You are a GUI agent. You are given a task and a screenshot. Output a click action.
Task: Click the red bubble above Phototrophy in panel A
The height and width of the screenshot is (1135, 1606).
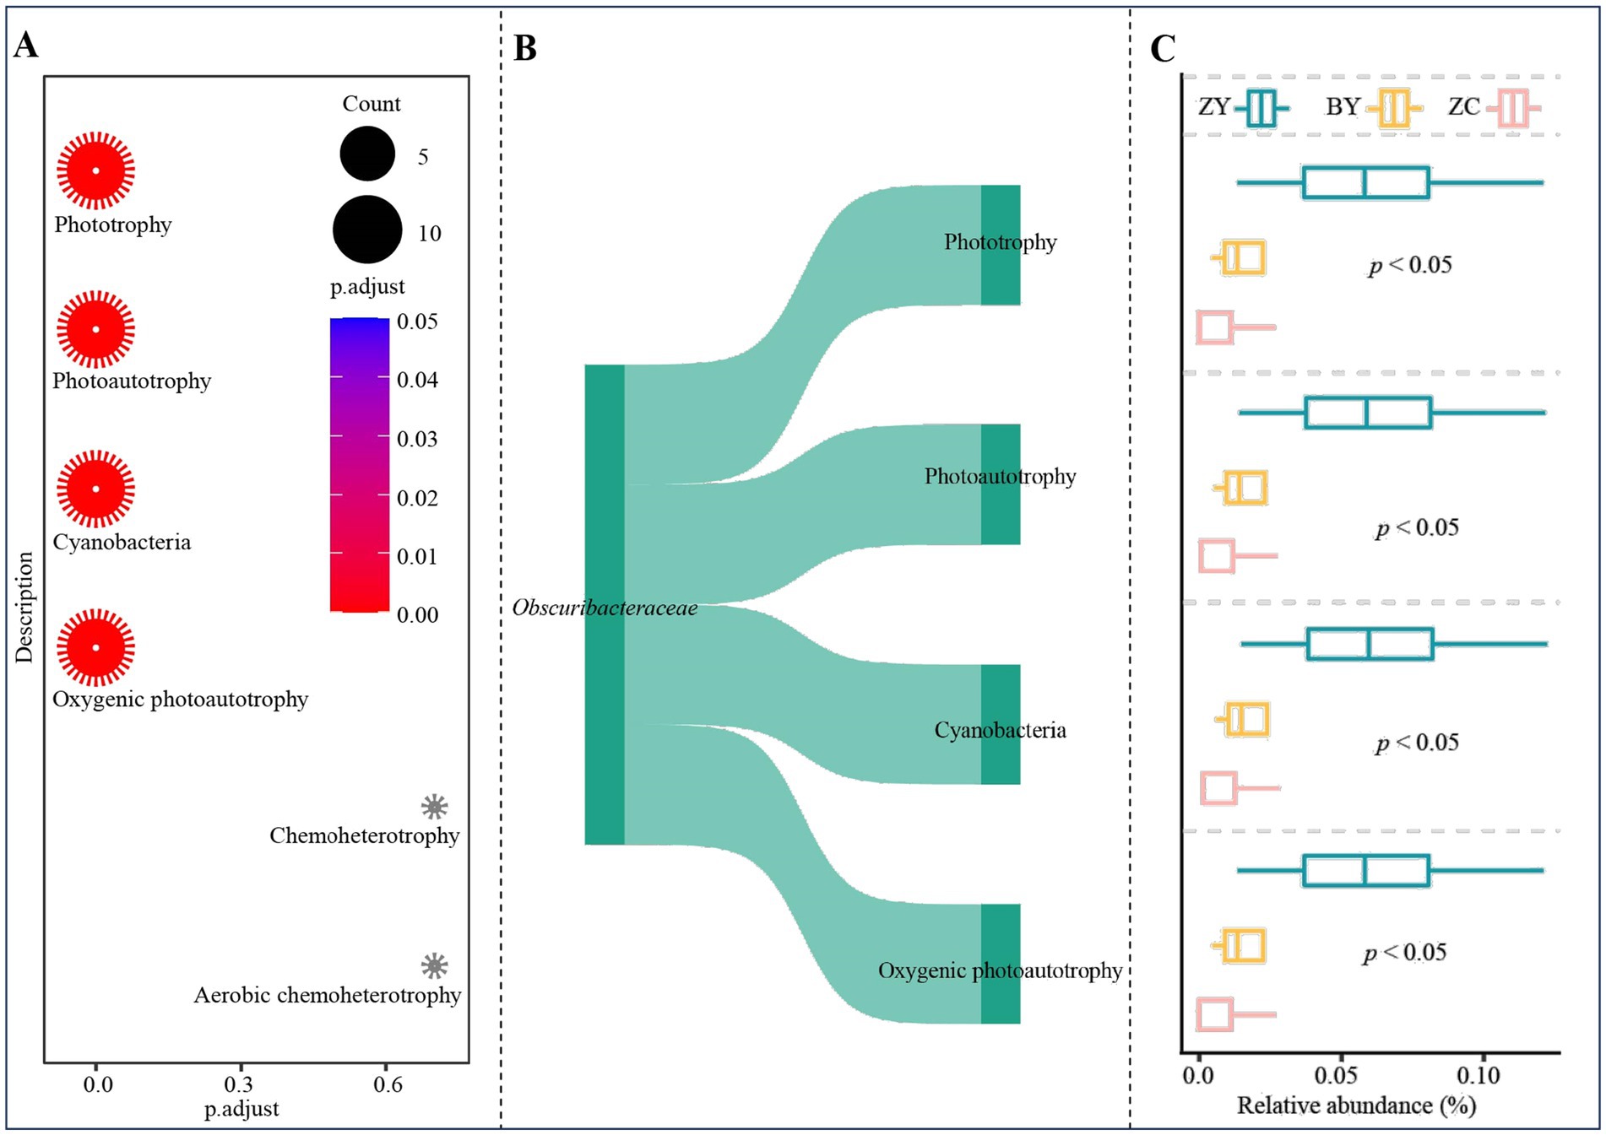[95, 170]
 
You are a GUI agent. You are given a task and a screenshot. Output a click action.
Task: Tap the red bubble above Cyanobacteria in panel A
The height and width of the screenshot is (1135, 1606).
[95, 489]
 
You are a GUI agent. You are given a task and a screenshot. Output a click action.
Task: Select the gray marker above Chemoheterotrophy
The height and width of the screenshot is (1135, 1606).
[434, 807]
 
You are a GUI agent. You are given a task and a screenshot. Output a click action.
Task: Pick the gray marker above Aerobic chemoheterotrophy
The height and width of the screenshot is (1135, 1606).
[434, 966]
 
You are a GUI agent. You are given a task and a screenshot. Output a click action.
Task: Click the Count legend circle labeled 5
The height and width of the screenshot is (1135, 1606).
[367, 154]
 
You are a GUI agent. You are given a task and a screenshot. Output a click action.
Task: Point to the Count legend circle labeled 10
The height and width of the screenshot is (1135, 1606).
[367, 230]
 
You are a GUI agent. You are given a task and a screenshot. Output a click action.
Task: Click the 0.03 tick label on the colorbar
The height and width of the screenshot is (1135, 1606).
[417, 439]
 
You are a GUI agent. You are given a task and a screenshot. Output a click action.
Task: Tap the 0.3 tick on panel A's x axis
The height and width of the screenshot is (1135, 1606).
[239, 1084]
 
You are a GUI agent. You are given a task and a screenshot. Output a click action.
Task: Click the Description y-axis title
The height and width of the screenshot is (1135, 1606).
[24, 607]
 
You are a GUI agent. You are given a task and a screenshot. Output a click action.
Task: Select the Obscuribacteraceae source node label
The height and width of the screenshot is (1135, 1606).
[605, 608]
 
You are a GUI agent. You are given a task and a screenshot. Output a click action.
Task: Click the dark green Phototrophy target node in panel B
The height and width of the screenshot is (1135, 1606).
[1001, 245]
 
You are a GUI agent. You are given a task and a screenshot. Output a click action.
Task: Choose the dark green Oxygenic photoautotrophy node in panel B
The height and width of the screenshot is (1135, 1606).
[1001, 964]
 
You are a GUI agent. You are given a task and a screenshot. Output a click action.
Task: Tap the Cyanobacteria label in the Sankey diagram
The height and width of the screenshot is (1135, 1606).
[1000, 730]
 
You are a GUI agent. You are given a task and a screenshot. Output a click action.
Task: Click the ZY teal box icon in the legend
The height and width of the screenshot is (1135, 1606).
[1261, 108]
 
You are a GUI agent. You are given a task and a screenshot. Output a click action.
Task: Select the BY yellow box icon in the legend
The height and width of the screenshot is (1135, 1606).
[1394, 108]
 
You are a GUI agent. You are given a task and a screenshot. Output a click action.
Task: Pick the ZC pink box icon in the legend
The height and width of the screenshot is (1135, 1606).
[1513, 108]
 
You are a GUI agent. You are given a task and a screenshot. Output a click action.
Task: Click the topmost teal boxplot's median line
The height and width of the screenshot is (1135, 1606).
[1365, 183]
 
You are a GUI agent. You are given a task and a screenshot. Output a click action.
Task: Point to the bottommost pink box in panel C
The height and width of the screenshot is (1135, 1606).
[1214, 1014]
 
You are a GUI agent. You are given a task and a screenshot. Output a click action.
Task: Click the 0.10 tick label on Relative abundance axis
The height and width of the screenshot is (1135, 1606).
[1478, 1076]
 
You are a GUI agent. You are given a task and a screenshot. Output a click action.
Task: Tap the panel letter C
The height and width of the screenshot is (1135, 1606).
[1163, 49]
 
